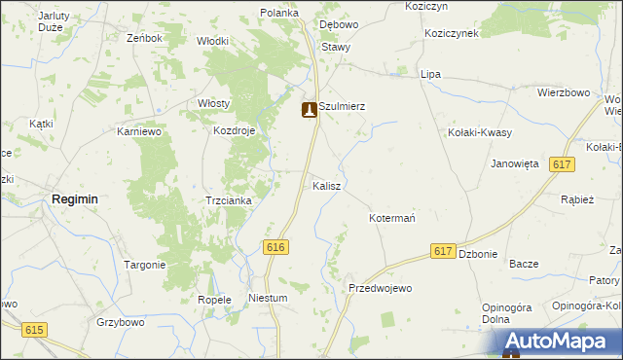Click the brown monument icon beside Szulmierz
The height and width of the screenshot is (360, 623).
(310, 110)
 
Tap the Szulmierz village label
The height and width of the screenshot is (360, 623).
(342, 107)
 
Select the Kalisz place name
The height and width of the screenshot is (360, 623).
(326, 185)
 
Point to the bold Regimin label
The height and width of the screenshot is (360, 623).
(74, 198)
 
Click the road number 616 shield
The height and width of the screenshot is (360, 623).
(275, 248)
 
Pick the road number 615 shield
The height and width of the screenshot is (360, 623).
(35, 331)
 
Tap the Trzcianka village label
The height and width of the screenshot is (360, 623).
(229, 200)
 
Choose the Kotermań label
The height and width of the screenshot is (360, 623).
(392, 218)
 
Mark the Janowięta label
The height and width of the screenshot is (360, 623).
(515, 163)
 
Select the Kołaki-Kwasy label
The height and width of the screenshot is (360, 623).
(480, 132)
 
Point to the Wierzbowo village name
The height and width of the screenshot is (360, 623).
(565, 92)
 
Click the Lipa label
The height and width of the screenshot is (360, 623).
(430, 74)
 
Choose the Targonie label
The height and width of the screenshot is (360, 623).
(145, 265)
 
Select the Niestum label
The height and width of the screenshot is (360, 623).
(268, 299)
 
